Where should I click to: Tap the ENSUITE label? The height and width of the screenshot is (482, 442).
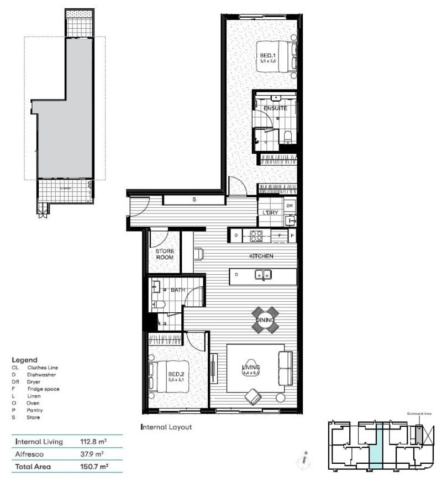click(x=275, y=108)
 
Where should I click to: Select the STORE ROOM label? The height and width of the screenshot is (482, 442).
click(x=164, y=254)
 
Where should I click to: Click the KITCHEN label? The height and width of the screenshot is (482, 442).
click(x=261, y=256)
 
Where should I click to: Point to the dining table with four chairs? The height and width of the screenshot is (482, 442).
click(x=265, y=320)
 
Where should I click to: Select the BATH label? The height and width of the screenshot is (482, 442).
click(x=177, y=290)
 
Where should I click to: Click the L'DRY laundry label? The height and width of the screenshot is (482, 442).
click(x=270, y=212)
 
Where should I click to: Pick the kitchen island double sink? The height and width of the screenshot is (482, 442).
click(x=262, y=274)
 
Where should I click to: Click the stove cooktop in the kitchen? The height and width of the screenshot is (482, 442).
click(x=257, y=235)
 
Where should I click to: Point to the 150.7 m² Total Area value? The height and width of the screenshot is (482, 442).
click(x=94, y=467)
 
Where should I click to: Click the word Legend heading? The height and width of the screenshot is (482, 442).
click(x=24, y=359)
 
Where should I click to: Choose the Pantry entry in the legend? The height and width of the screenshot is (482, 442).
click(x=35, y=410)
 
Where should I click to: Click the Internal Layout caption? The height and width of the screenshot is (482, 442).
click(x=166, y=427)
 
